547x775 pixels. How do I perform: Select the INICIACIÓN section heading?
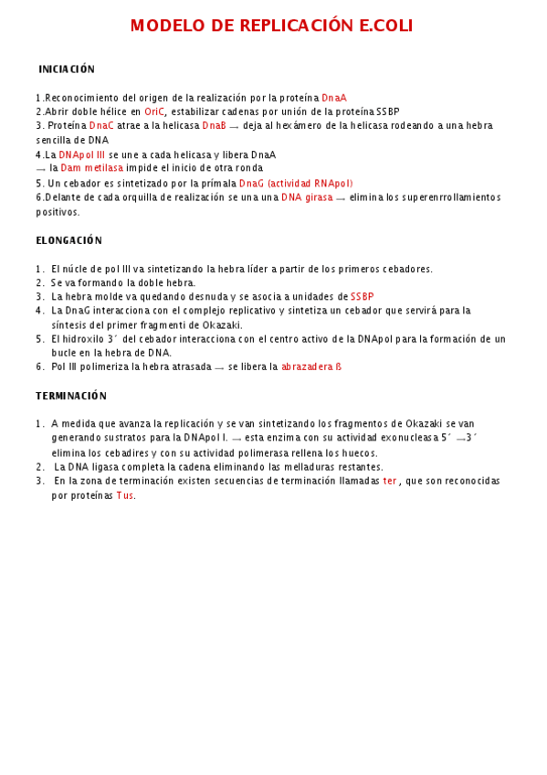point(67,69)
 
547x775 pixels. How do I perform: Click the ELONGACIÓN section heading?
point(69,240)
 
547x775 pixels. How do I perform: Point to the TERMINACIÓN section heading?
point(71,396)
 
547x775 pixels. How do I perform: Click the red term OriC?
point(155,111)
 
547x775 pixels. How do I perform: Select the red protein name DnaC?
point(102,125)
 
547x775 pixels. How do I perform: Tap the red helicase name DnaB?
point(215,125)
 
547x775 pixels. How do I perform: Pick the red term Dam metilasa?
point(92,168)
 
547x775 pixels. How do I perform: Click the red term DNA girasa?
point(307,197)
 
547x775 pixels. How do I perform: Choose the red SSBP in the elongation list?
point(363,297)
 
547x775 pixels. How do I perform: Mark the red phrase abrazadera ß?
point(311,366)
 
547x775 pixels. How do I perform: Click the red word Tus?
point(125,495)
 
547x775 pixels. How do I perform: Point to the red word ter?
point(390,481)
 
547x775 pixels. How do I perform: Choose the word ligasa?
point(123,467)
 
